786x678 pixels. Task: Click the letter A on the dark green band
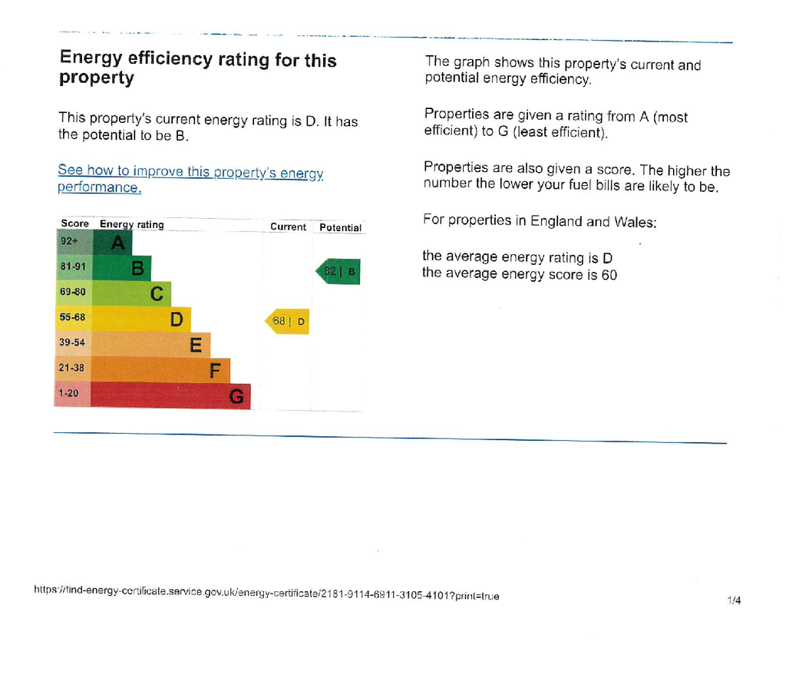click(117, 243)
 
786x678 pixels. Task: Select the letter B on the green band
click(138, 268)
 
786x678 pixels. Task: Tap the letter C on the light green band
click(157, 294)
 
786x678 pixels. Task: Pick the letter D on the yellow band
click(177, 319)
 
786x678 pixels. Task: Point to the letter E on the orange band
click(196, 345)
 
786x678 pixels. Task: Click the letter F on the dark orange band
click(215, 371)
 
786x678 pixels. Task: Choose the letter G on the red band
click(236, 397)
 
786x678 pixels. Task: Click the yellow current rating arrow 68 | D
click(287, 322)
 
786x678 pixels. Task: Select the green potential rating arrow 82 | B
click(338, 271)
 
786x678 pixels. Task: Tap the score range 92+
click(69, 241)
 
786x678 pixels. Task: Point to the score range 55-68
click(72, 317)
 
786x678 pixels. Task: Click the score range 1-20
click(68, 393)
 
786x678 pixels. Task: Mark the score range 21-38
click(71, 368)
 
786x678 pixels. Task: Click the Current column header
click(289, 227)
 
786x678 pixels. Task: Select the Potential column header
click(340, 228)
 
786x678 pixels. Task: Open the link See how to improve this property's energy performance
click(190, 179)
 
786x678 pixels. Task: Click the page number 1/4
click(734, 600)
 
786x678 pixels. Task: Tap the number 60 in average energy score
click(609, 275)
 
